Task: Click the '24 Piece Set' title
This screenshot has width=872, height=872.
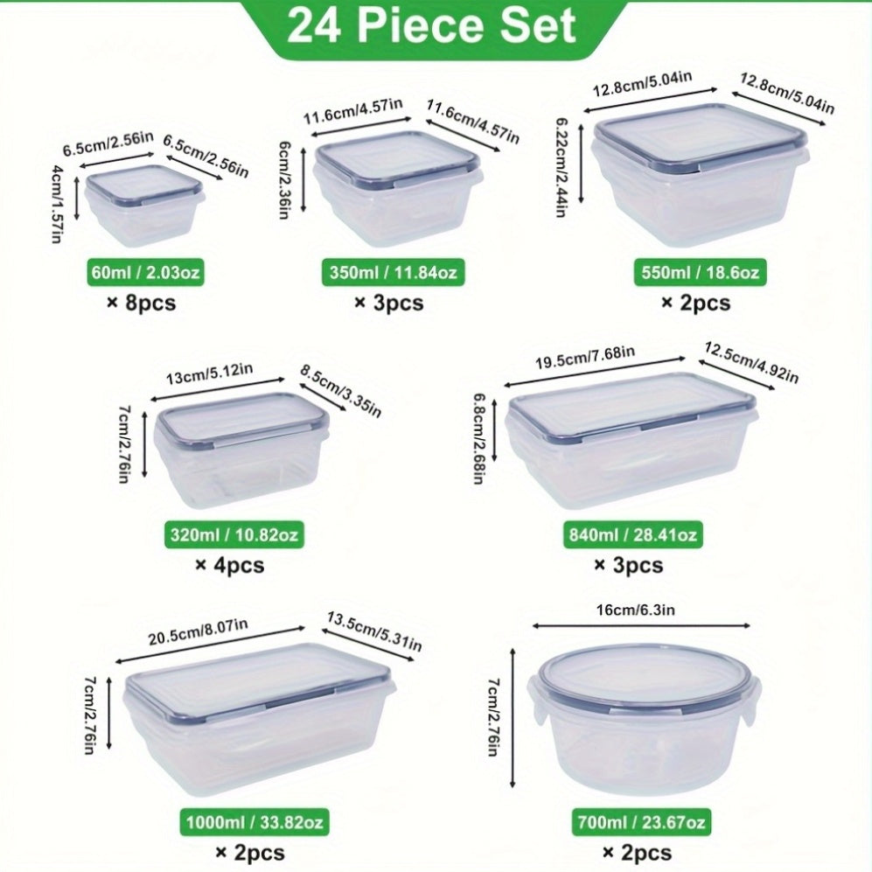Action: point(431,26)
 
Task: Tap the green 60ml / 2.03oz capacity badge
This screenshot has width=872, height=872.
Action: point(146,273)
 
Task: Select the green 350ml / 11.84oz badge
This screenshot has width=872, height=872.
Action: point(394,273)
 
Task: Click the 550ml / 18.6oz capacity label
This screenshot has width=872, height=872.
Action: point(701,273)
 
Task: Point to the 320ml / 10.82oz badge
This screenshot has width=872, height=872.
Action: point(234,534)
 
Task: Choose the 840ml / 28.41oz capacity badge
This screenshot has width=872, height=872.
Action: point(633,534)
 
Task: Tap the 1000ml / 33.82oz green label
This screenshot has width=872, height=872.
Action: point(255,822)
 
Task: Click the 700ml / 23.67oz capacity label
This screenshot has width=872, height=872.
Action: point(641,822)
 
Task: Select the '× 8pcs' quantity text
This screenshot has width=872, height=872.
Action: point(142,303)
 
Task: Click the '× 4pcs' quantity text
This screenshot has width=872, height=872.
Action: point(230,566)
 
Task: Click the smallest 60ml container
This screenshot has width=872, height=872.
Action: point(144,206)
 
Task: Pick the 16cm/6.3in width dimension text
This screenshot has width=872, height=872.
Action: point(636,610)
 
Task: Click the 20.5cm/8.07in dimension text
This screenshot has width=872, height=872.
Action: point(198,632)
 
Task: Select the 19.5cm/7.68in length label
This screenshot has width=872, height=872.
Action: point(585,359)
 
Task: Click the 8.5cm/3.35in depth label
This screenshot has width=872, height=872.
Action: point(341,392)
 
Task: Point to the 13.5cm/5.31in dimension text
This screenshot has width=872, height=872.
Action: point(374,631)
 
